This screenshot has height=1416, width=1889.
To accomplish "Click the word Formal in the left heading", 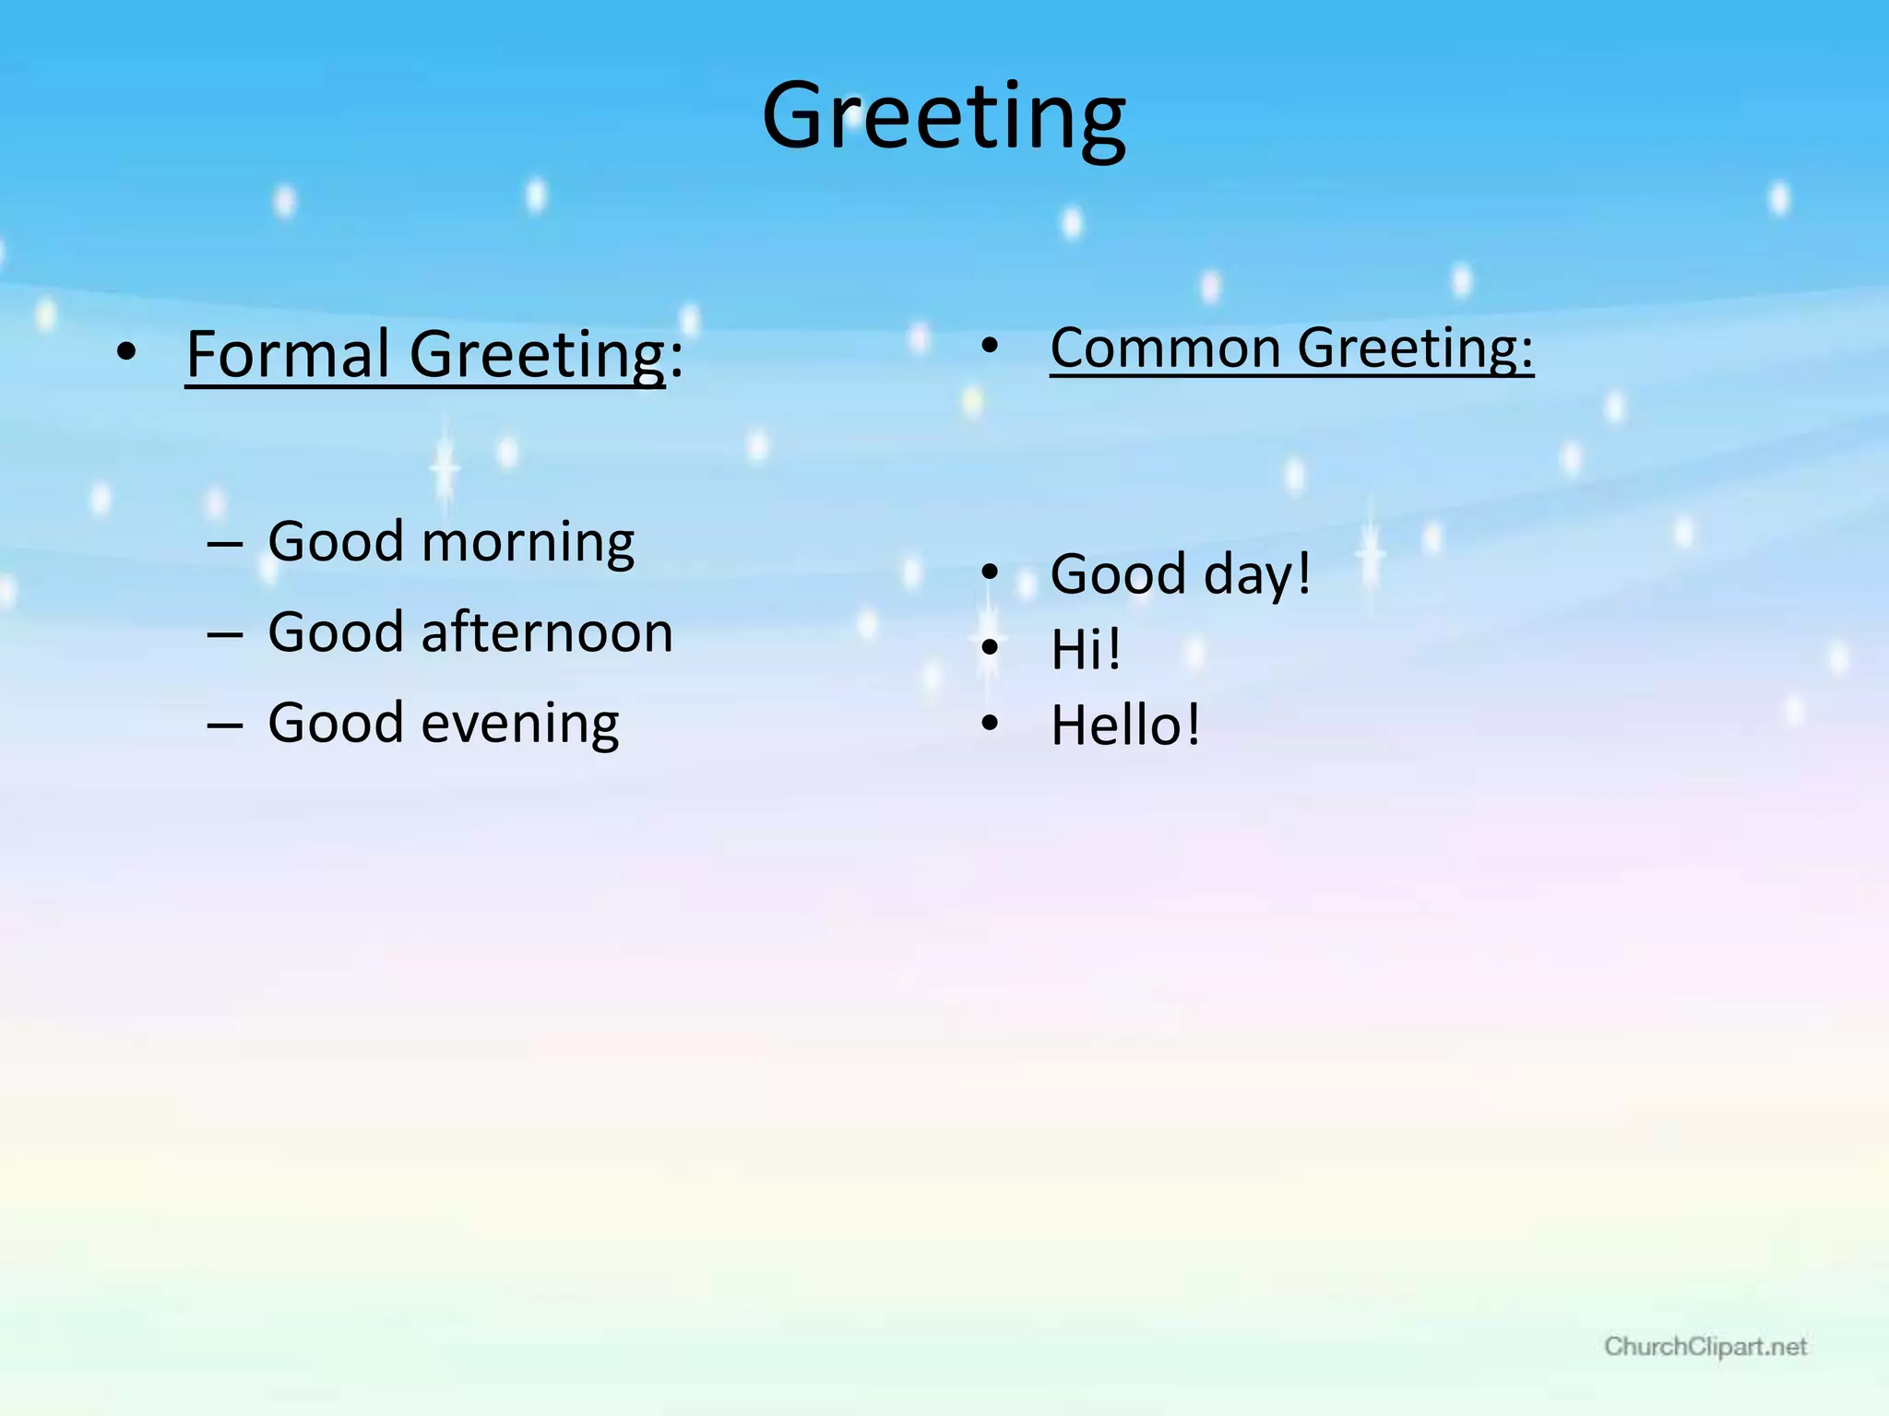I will click(x=288, y=354).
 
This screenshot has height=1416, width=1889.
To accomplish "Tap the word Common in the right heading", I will click(x=1165, y=348).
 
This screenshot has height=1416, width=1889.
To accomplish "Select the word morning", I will click(x=528, y=542).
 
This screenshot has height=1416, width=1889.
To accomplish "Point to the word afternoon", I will click(x=547, y=632).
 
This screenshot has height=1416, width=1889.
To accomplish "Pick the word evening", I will click(x=520, y=723).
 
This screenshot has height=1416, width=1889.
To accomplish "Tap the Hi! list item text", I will click(x=1086, y=649).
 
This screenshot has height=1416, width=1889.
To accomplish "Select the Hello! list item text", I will click(x=1125, y=725).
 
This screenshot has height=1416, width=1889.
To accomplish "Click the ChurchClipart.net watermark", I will click(x=1705, y=1347).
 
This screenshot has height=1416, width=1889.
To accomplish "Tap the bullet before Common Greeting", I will click(x=990, y=346).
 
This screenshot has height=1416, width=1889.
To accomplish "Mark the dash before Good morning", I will click(x=224, y=544).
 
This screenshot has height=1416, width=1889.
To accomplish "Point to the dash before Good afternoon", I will click(x=224, y=634).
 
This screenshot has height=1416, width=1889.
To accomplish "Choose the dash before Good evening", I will click(x=224, y=725).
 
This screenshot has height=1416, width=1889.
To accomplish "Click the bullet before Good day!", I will click(x=990, y=572).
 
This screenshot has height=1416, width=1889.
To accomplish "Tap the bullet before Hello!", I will click(x=990, y=724).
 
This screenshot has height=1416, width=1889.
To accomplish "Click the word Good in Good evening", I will click(x=336, y=723).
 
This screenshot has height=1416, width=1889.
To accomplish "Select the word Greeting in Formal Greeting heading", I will click(x=537, y=354).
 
